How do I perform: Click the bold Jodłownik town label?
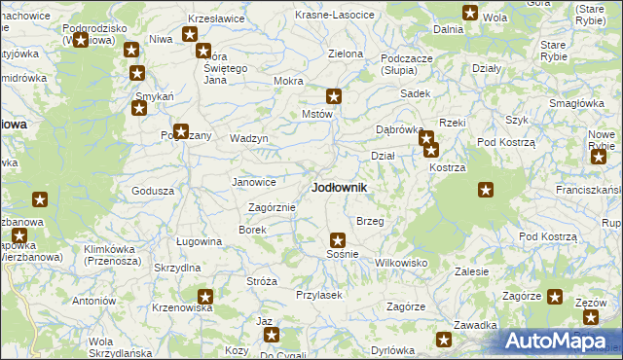[339, 187]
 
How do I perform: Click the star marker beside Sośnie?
[338, 239]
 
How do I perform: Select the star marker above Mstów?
[334, 96]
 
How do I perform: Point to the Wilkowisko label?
[401, 263]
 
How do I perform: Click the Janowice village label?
[253, 182]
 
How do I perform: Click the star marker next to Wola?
[470, 14]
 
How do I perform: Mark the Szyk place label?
[516, 120]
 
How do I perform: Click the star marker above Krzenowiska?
[205, 296]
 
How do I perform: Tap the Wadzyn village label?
[248, 138]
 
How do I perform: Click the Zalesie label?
[471, 271]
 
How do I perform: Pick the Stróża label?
[262, 281]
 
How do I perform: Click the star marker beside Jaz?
[272, 336]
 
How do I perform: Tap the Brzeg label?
[370, 222]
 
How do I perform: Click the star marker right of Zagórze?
[555, 297]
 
